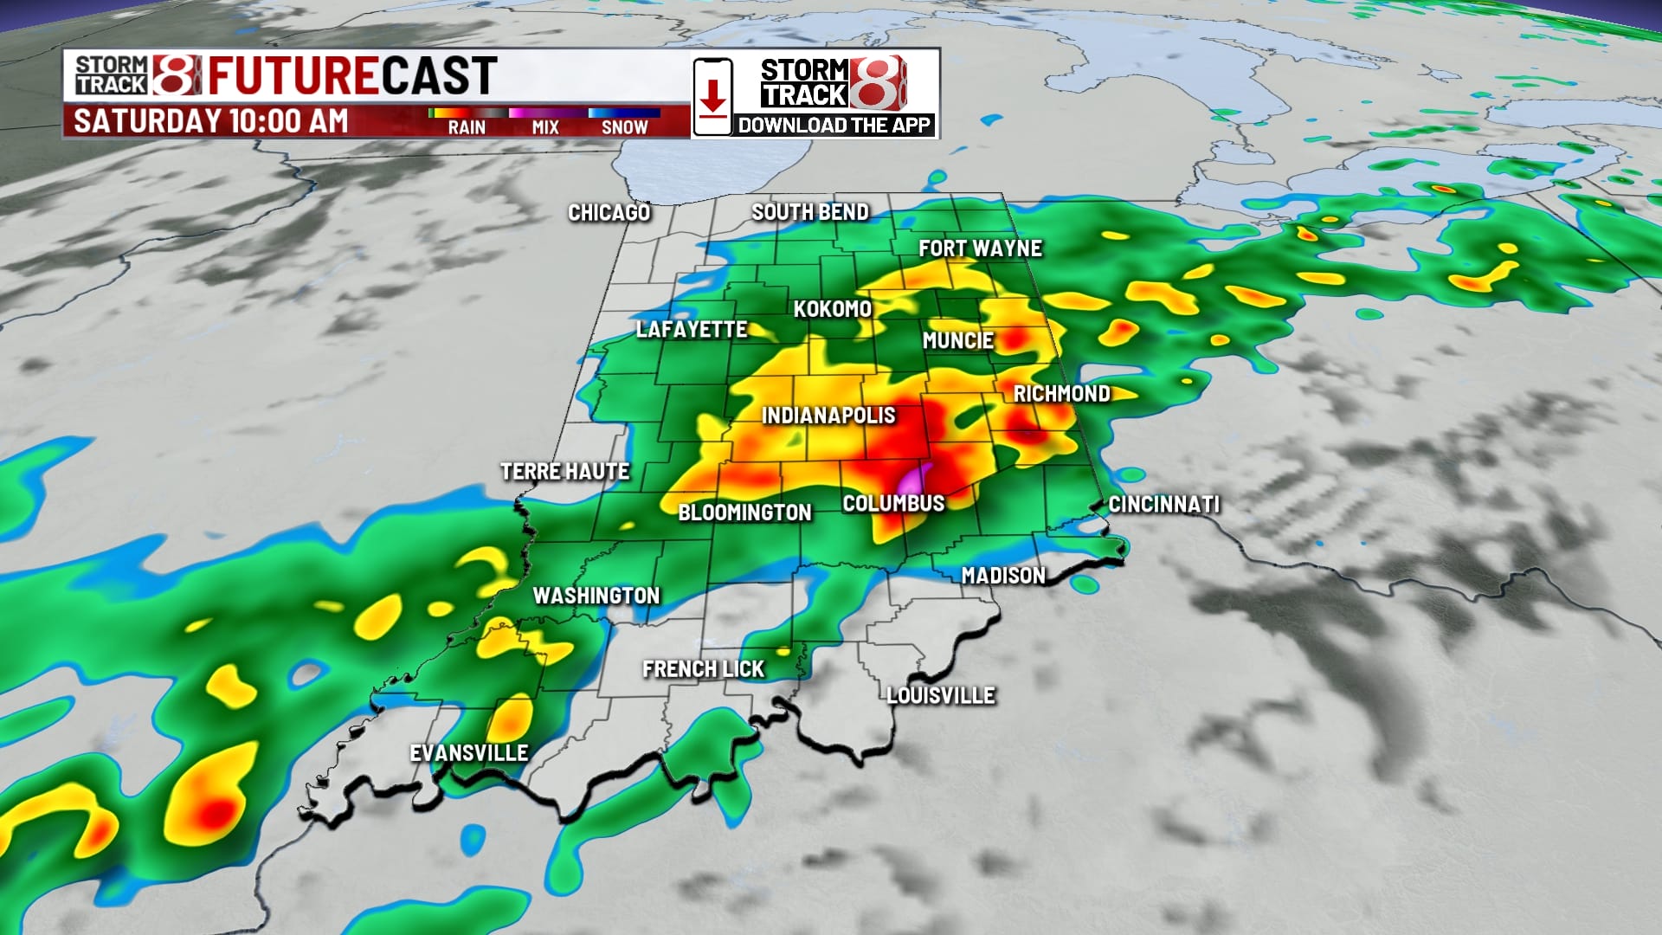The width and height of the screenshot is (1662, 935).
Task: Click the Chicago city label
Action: [x=609, y=213]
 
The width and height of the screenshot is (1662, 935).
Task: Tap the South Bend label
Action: [x=809, y=212]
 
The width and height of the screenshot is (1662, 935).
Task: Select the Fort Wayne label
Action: [x=980, y=249]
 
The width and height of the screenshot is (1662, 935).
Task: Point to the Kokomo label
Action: [x=832, y=309]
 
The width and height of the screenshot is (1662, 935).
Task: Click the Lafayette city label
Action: [x=691, y=330]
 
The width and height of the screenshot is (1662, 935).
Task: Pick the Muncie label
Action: [x=957, y=341]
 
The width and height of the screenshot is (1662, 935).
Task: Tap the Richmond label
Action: [x=1061, y=394]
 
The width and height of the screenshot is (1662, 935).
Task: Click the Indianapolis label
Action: [x=828, y=416]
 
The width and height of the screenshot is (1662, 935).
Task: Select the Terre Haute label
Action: [x=564, y=472]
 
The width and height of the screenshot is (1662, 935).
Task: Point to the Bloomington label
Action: [x=744, y=513]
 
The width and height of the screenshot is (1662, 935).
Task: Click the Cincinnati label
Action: [x=1163, y=505]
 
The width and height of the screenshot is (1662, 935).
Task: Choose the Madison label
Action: [x=1003, y=576]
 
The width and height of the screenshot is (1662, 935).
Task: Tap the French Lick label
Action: [x=703, y=669]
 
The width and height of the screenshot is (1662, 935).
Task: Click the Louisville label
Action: [x=941, y=696]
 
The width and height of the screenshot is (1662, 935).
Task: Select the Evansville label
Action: [x=468, y=753]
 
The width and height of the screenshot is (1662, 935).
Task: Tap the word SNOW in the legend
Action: [x=624, y=127]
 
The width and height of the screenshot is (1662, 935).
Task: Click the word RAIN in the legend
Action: [x=467, y=127]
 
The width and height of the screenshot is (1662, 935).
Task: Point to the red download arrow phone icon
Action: [x=712, y=97]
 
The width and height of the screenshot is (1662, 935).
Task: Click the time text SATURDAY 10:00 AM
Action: [x=210, y=121]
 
